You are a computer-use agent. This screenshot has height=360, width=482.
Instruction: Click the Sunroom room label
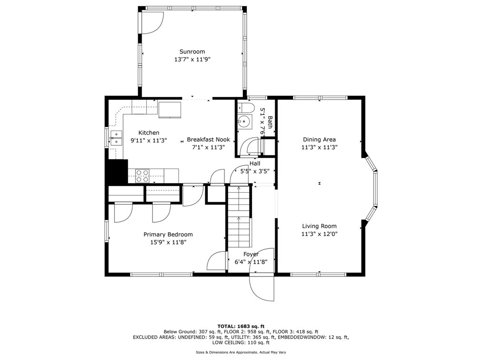(192, 52)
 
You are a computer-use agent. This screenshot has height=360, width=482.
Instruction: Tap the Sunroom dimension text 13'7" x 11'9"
(192, 59)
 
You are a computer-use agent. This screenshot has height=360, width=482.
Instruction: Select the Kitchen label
(149, 133)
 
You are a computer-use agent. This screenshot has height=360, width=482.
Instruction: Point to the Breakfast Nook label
(208, 140)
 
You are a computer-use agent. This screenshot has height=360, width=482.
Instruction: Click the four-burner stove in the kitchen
(143, 176)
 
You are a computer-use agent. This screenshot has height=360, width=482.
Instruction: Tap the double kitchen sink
(116, 138)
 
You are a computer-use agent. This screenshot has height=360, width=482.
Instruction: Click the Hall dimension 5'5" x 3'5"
(255, 171)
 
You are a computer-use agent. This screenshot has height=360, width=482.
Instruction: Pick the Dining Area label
(319, 140)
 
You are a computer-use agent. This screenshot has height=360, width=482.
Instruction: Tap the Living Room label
(319, 226)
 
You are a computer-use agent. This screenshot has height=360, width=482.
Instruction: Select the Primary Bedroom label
(168, 234)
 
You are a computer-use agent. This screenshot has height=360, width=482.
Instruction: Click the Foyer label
(251, 254)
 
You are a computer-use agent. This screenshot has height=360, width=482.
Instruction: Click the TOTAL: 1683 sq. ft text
(241, 326)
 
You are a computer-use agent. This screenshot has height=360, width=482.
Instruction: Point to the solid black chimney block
(118, 172)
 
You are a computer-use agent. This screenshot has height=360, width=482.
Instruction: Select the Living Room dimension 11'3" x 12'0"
(319, 234)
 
